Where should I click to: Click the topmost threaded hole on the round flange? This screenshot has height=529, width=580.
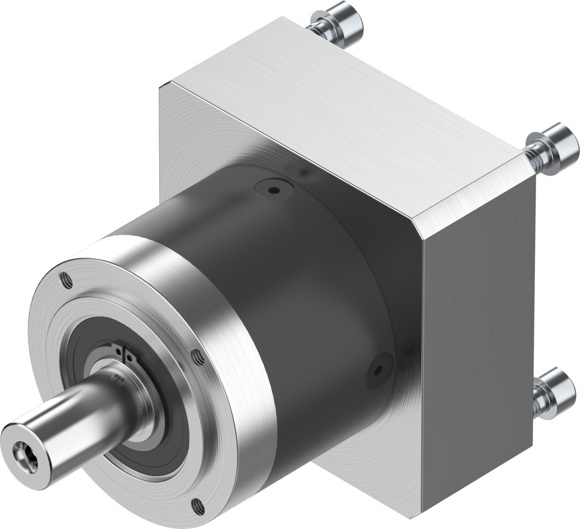(66, 279)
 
